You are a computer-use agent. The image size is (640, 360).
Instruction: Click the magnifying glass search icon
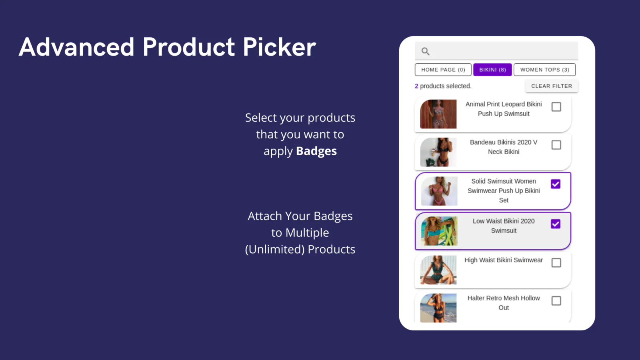426,52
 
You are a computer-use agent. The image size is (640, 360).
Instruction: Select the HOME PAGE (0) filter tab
443,70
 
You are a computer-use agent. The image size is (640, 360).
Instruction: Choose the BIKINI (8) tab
492,70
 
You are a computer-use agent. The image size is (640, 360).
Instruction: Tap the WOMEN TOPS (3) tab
544,70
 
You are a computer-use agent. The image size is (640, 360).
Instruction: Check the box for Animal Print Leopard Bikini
556,107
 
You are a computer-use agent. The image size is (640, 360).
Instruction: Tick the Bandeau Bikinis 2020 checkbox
556,145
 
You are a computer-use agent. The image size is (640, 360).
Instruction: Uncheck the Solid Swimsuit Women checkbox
556,184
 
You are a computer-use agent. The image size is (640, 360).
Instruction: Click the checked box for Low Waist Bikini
556,224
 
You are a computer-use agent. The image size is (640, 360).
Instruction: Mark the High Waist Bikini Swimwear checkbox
556,263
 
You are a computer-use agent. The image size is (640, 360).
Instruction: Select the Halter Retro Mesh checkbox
556,301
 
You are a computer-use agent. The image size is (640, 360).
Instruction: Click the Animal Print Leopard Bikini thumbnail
438,114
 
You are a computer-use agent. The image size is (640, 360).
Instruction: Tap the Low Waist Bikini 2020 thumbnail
439,231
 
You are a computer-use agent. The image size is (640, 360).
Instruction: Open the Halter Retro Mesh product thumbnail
438,308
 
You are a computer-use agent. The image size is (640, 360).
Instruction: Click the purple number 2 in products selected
416,86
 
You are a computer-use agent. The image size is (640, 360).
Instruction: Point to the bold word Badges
316,151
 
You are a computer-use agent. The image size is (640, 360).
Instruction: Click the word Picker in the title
280,47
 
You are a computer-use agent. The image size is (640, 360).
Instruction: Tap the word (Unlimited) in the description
275,250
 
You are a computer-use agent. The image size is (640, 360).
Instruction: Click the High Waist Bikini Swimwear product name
504,260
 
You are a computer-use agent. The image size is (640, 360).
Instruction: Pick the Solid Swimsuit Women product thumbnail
439,191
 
